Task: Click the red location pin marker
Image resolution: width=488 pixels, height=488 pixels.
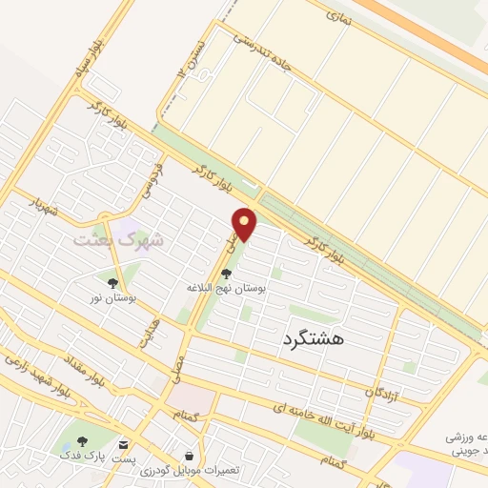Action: [x=245, y=225]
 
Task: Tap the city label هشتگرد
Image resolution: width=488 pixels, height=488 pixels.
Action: [x=314, y=337]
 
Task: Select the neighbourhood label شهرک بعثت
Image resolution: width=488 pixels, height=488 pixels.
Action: [x=119, y=238]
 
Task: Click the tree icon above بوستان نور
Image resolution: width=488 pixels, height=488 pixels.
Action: [x=112, y=283]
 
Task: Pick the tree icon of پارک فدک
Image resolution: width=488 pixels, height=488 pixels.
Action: [x=82, y=442]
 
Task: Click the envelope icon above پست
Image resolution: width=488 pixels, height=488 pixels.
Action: [x=124, y=444]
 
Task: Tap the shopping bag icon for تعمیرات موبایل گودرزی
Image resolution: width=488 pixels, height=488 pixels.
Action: [x=189, y=456]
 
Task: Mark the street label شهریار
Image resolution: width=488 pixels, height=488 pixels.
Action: [x=43, y=207]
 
